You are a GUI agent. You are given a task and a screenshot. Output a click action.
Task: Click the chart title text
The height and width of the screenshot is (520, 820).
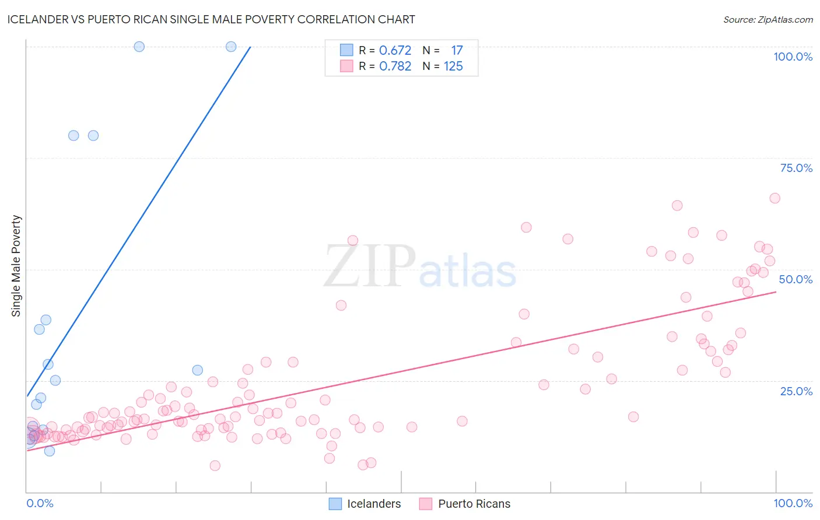[x=211, y=19]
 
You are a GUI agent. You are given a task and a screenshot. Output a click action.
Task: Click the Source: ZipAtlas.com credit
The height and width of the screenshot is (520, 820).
[x=768, y=19]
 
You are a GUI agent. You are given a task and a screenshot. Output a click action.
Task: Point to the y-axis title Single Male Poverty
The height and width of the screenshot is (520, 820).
[x=16, y=266]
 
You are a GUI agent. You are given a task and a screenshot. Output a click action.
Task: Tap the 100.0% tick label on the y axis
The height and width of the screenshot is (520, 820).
[x=793, y=57]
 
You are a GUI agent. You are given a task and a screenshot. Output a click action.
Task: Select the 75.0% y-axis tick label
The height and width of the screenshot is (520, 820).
[x=796, y=168]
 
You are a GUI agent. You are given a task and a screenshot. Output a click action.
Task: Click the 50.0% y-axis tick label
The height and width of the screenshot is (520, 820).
[x=796, y=279]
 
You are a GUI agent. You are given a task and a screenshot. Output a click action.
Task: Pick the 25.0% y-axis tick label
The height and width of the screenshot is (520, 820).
[x=796, y=391]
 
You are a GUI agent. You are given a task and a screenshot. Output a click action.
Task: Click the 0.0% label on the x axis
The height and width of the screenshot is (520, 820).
[x=40, y=503]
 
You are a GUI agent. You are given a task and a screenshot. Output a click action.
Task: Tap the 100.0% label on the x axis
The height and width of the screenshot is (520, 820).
[x=793, y=503]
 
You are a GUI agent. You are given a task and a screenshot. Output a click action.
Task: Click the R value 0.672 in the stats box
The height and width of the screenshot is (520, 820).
[x=395, y=51]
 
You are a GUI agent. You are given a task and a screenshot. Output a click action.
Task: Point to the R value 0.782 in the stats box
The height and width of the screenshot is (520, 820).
[x=395, y=66]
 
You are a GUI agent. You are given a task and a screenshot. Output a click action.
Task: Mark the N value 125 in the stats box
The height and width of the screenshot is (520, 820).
[x=453, y=66]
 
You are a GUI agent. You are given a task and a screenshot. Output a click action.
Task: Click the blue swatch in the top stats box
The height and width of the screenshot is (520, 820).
[x=346, y=50]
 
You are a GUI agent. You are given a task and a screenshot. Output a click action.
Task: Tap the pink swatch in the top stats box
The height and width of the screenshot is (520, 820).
[x=346, y=66]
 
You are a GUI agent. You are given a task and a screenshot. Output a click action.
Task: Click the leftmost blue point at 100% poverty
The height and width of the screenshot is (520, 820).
[x=139, y=47]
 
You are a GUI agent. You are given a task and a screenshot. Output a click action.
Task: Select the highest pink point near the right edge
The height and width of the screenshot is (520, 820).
[x=775, y=198]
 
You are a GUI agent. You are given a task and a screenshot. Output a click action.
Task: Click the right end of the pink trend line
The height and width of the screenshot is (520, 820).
[x=776, y=291]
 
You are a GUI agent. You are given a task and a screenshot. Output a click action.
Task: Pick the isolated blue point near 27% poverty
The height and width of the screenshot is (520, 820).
[x=198, y=370]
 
